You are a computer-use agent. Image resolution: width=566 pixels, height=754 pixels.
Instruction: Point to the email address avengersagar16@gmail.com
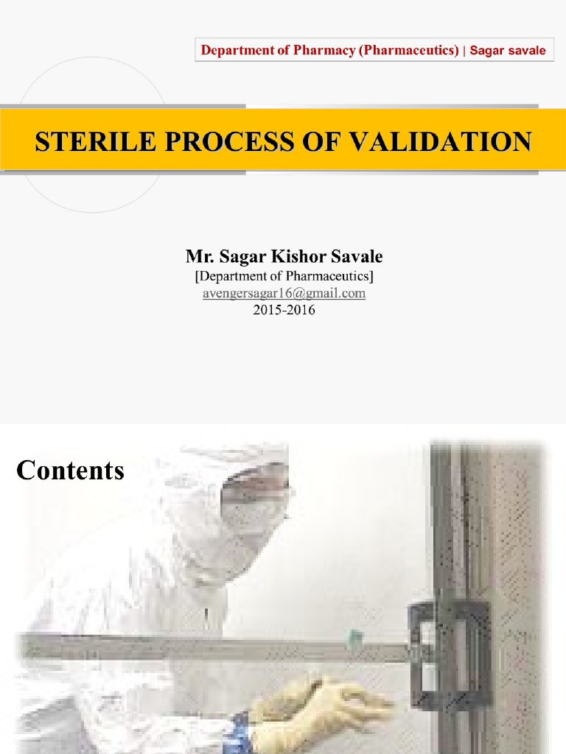click(x=284, y=293)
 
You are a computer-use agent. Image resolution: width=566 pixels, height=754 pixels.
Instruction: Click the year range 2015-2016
click(x=284, y=310)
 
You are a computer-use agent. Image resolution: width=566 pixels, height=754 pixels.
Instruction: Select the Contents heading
click(x=70, y=470)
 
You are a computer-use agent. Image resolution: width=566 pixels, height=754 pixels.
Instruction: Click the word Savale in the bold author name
click(x=357, y=257)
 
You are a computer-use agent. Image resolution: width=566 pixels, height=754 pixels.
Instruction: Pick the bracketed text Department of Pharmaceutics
click(x=284, y=276)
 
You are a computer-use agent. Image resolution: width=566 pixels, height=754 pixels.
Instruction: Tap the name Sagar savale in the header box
click(x=508, y=50)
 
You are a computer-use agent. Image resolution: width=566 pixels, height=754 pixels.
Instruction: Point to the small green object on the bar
click(x=356, y=635)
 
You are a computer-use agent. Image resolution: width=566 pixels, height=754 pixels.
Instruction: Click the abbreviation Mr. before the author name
click(x=197, y=257)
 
